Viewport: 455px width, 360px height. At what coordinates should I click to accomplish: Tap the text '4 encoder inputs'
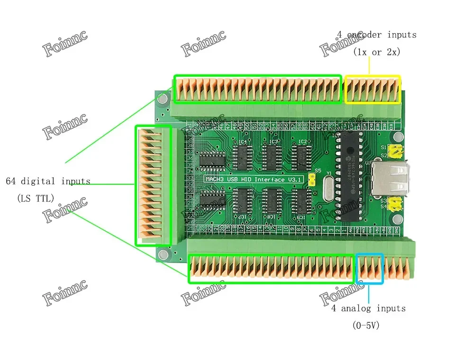377,35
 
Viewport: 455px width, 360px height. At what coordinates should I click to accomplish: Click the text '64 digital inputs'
48,181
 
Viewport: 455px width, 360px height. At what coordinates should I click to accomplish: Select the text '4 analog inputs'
368,308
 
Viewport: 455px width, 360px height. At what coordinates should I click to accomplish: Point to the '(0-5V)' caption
366,325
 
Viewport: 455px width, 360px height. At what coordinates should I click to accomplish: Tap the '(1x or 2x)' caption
376,52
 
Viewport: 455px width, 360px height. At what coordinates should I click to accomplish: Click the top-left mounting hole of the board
163,99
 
